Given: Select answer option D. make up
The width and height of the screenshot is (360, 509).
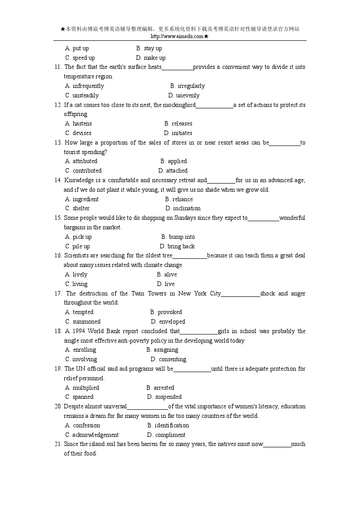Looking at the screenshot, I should tap(151, 58).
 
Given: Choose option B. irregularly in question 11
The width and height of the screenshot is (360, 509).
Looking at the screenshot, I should tap(187, 86).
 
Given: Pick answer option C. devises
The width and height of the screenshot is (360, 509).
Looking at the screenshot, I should tap(78, 133).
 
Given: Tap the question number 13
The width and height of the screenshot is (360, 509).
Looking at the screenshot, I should tap(58, 142).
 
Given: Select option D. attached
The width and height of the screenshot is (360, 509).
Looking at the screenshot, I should tap(173, 170).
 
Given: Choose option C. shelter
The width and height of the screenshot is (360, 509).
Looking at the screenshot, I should tap(78, 208).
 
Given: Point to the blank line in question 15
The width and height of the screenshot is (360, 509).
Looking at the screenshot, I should tap(263, 218).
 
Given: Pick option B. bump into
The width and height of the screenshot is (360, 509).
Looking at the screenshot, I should tap(178, 237).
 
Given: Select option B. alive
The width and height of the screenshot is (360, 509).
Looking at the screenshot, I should tap(167, 274).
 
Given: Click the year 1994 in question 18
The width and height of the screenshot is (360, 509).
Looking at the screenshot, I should tap(78, 331).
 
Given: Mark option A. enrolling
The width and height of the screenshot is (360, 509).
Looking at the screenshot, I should tap(81, 349).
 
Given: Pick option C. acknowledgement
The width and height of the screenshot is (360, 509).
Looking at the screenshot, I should tap(92, 435).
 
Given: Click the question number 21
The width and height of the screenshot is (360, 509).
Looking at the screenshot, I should tap(58, 444).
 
